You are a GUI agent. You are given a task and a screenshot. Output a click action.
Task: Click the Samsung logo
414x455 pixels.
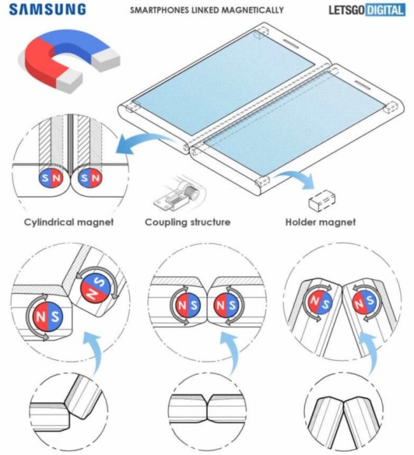pos(48,10)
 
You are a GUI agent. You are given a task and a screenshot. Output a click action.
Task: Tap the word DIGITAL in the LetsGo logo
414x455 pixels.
pos(385,10)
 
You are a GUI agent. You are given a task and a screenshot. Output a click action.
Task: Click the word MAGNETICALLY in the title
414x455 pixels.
pos(252,10)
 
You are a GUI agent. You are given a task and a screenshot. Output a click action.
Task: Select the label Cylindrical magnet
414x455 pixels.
pos(69,222)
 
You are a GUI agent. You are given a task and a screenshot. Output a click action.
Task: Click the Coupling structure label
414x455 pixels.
pos(188,222)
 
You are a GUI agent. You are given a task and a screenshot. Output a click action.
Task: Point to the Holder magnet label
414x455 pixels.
pos(320,222)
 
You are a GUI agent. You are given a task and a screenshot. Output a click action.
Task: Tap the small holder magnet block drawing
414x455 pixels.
pos(322,201)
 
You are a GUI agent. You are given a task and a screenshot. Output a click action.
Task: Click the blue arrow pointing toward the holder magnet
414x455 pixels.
pos(296,178)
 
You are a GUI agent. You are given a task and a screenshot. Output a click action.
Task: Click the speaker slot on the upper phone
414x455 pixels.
pos(292,44)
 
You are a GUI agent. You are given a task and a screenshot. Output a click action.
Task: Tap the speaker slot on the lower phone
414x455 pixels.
pos(363,85)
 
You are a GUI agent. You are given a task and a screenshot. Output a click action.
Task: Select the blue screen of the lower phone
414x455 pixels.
pos(294,123)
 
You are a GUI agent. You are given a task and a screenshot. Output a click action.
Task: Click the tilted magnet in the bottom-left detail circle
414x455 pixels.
pos(96,288)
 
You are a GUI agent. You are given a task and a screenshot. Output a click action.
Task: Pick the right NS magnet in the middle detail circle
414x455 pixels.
pos(226,305)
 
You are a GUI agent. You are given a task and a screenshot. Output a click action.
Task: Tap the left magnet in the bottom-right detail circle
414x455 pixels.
pos(318,302)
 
